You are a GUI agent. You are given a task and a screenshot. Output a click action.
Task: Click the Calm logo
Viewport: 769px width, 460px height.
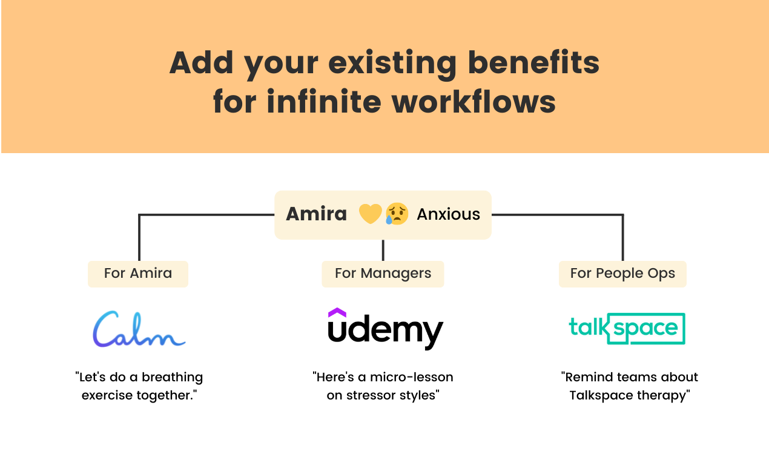tap(139, 329)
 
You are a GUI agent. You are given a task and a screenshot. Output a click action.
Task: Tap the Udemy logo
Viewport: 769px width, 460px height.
tap(386, 330)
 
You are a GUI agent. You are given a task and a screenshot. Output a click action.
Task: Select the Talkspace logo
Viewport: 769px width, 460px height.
tap(627, 329)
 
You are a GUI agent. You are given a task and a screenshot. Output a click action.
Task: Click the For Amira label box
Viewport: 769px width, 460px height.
tap(138, 274)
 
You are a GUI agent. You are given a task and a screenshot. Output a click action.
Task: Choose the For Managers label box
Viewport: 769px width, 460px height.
tap(383, 274)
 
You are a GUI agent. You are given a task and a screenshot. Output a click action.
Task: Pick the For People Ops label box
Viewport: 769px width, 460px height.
tap(622, 274)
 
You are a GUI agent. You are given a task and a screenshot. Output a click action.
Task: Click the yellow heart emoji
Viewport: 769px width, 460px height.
tap(370, 214)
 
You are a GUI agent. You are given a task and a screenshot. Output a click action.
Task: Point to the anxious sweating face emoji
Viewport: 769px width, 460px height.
tap(397, 214)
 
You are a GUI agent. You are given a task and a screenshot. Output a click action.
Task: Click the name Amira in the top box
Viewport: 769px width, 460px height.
tap(316, 214)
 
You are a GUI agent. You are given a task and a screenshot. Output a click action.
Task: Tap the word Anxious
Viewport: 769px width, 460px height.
tap(448, 214)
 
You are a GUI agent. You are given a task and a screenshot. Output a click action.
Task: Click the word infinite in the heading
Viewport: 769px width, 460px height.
tap(325, 102)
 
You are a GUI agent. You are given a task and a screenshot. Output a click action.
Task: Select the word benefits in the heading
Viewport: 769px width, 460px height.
tap(533, 63)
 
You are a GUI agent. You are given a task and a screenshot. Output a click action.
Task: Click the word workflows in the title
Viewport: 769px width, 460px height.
tap(474, 102)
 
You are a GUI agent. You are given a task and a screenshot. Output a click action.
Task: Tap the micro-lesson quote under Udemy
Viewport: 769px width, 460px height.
tap(383, 386)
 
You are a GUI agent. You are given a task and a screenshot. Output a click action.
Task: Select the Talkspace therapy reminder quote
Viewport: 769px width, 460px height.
tap(630, 386)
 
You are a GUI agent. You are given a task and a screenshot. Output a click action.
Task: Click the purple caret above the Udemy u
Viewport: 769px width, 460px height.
tap(337, 312)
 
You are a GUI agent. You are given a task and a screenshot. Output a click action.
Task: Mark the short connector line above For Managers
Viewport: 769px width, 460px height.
tap(383, 250)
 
